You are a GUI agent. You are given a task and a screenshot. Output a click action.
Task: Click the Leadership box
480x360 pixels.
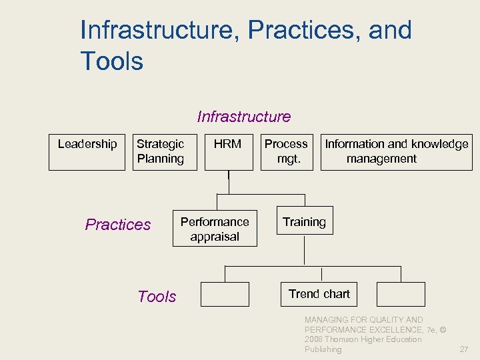(87, 152)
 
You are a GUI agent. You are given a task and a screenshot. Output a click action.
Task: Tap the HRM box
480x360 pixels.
(228, 152)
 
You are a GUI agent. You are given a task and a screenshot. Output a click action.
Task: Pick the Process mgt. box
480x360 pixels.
(286, 152)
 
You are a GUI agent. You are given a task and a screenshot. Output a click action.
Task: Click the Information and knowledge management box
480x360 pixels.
(396, 152)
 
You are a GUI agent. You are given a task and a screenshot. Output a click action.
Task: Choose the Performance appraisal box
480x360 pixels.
(215, 229)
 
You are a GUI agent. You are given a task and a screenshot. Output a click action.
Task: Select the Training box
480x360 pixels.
(304, 222)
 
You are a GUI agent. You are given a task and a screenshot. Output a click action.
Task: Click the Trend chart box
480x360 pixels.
(319, 294)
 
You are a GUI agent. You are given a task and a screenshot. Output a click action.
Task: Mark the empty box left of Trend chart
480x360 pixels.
(225, 294)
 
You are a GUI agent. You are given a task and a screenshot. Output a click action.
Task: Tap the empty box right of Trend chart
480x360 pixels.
(400, 294)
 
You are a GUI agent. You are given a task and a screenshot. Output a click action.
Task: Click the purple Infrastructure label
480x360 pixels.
(244, 117)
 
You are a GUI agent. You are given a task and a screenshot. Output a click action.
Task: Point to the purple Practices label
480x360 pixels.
(118, 225)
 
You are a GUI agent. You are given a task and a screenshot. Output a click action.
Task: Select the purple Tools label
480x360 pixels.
(157, 297)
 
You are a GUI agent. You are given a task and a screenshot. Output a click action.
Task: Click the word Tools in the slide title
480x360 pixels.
(111, 61)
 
